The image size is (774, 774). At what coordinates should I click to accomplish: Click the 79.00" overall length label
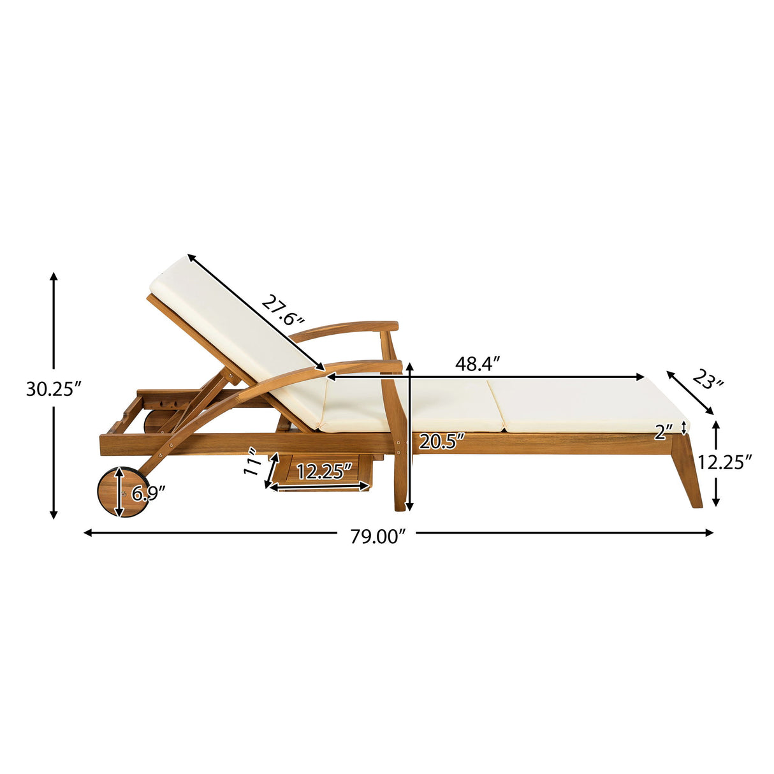[377, 537]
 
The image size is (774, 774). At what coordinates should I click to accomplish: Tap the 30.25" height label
[54, 389]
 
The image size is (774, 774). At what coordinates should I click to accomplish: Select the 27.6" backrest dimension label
[283, 312]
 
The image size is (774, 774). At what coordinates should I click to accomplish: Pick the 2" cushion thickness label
[663, 433]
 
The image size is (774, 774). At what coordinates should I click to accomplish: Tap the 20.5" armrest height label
[441, 441]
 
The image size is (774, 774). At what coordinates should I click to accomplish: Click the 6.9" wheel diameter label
[149, 493]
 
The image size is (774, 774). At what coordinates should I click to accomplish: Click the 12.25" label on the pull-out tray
[324, 472]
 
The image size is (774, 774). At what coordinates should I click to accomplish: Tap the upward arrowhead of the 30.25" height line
[54, 276]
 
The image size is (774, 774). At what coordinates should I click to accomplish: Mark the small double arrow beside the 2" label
[685, 427]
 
